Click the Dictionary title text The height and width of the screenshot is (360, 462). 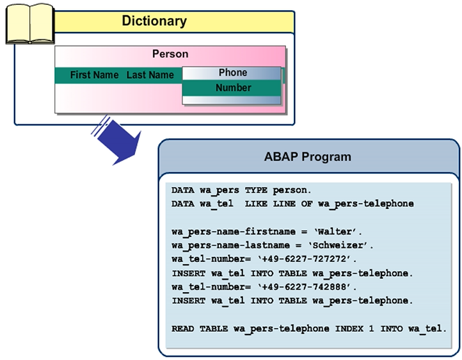tap(154, 21)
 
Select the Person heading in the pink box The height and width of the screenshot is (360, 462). tap(170, 54)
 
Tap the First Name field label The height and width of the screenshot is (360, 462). tap(94, 75)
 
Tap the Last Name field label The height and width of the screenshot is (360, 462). tap(150, 75)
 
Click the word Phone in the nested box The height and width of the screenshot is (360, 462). tap(233, 72)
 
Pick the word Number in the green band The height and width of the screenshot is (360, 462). tap(233, 88)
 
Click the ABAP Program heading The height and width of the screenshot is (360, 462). tap(307, 157)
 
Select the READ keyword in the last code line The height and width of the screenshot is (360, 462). tap(183, 329)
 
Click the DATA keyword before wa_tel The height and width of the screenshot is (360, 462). tap(183, 204)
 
